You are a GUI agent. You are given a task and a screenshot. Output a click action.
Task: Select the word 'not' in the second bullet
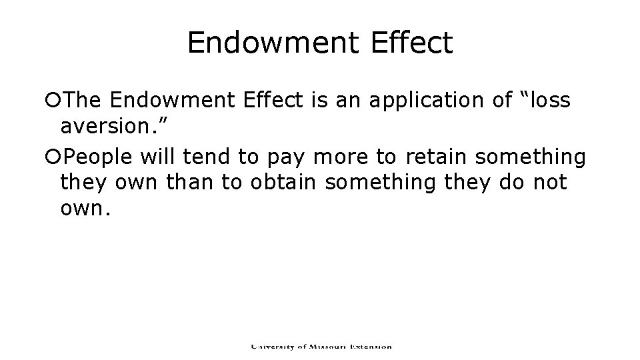click(548, 182)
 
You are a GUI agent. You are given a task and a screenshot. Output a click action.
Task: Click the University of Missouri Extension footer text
click(321, 347)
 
